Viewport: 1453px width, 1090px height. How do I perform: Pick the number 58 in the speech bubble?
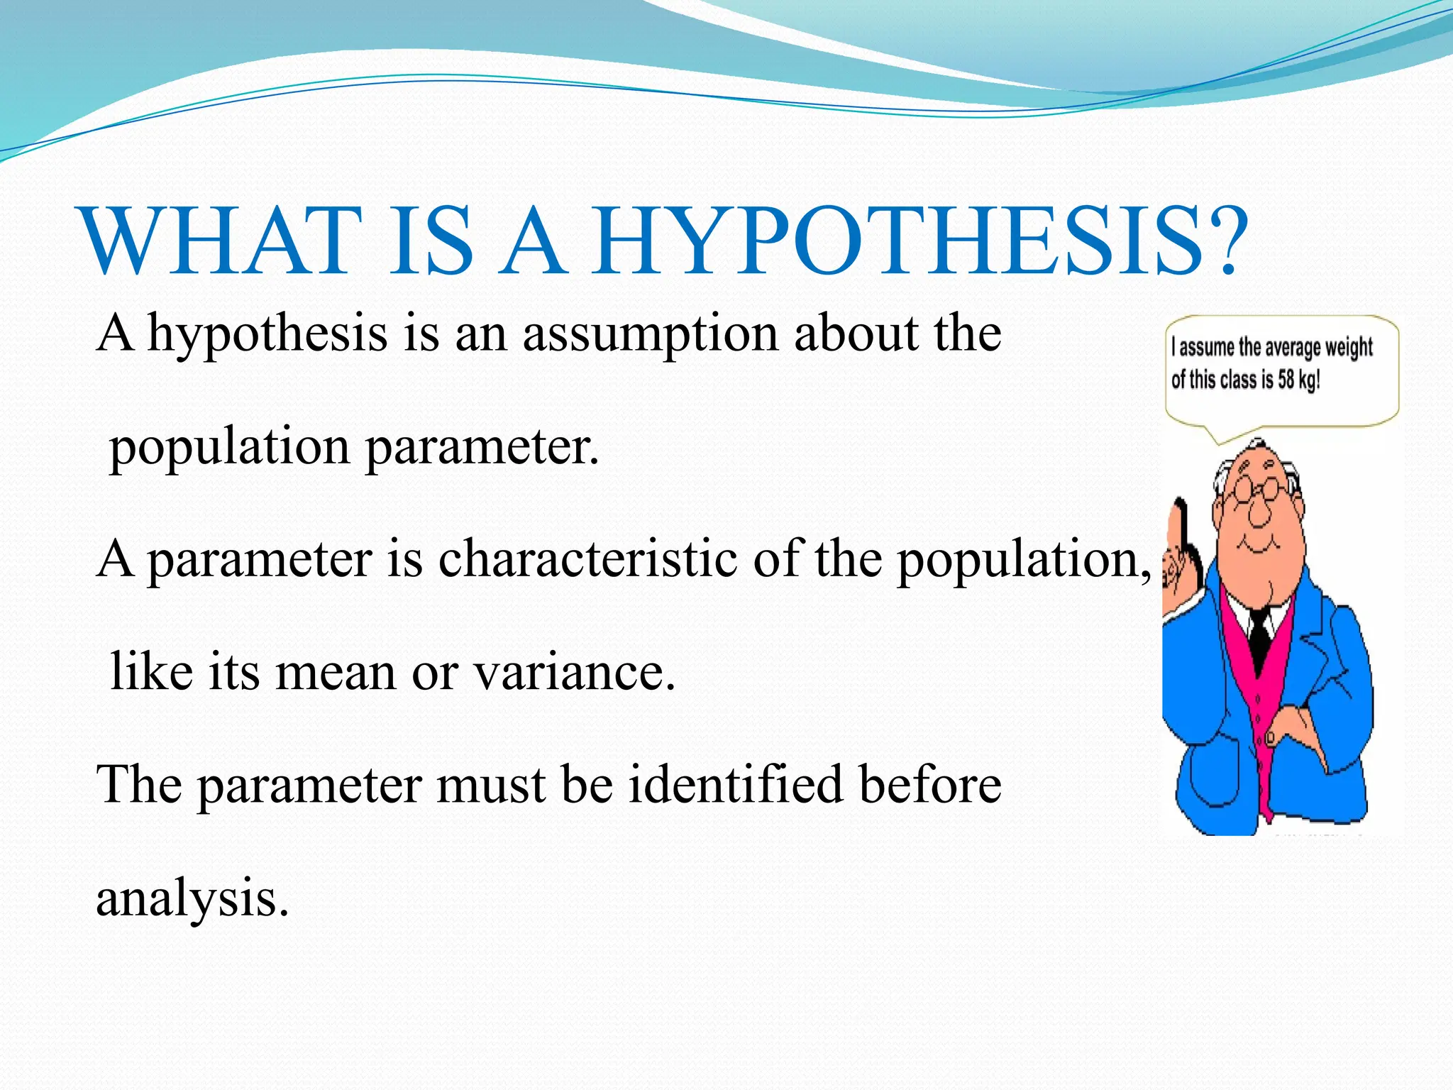(1286, 380)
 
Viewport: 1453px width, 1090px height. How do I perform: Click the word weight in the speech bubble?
(1348, 348)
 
